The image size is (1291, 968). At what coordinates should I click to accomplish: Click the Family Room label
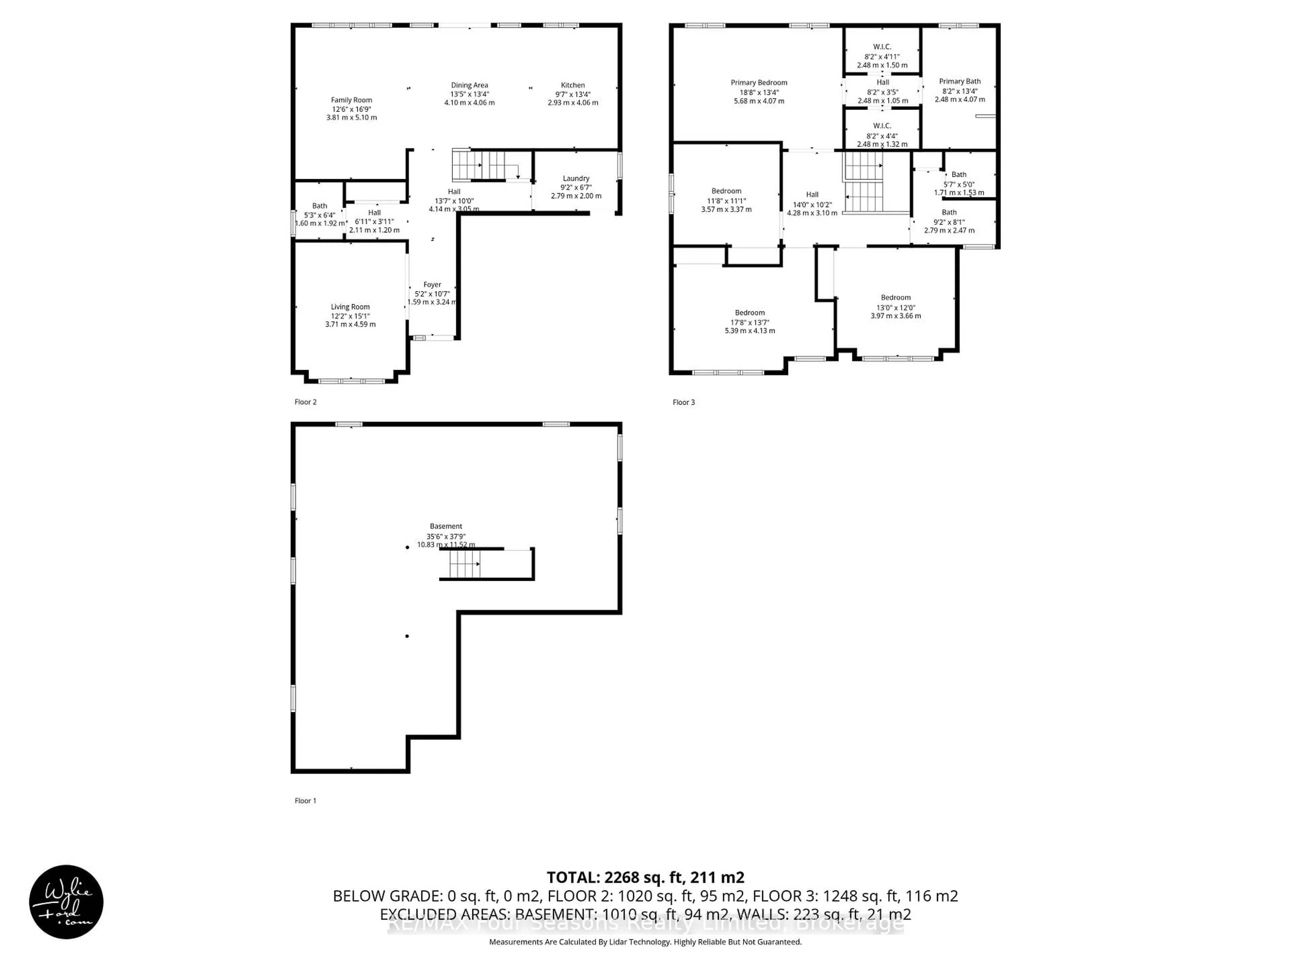point(351,100)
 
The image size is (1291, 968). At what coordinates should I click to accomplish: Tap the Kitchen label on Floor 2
point(573,85)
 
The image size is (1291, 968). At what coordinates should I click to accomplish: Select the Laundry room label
point(576,178)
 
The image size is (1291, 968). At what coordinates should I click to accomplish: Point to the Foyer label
point(432,285)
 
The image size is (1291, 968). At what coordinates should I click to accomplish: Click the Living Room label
point(350,307)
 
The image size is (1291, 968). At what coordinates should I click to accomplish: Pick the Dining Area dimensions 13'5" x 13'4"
point(469,94)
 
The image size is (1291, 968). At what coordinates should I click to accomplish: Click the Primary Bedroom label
point(759,83)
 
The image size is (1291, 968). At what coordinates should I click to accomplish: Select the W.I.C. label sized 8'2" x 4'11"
point(882,47)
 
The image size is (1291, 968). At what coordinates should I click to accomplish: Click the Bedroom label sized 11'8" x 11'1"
point(726,191)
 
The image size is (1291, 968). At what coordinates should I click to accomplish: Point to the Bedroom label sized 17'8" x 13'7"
point(749,313)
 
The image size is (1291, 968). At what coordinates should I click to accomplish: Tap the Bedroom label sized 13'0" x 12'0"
point(895,297)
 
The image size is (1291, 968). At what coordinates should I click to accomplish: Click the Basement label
point(446,526)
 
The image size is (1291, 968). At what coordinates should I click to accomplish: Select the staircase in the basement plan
point(465,564)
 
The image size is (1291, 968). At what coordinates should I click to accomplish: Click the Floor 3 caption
point(683,402)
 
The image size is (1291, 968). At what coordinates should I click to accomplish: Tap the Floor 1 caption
point(305,801)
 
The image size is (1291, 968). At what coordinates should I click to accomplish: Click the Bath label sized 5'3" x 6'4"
point(319,206)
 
